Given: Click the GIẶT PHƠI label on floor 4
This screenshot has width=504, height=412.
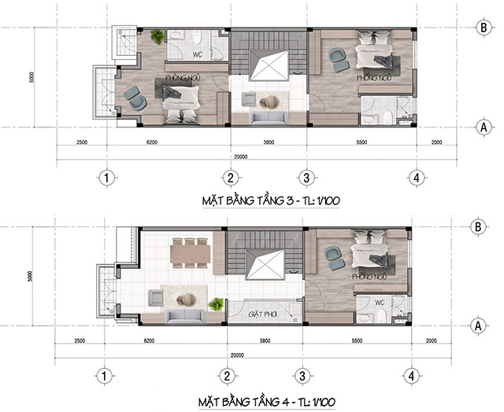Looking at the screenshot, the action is coord(262,315).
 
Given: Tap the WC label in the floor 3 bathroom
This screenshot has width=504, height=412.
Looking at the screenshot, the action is coord(198,54).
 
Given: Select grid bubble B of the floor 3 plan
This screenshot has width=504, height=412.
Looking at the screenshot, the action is coord(484,28).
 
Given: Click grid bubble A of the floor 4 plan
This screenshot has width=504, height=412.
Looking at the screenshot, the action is coord(478,326).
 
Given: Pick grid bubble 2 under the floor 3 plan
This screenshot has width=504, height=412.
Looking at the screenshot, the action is coord(231,178).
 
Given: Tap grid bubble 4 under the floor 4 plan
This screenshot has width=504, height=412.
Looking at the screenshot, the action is coord(411,376).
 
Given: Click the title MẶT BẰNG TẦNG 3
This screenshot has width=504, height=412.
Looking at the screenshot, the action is coord(247,200).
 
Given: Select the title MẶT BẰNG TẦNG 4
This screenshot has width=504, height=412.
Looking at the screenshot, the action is coord(243,402).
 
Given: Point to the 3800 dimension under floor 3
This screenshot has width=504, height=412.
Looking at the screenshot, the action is coord(269,142).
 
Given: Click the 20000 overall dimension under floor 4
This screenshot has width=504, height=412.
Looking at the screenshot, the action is coord(237,355).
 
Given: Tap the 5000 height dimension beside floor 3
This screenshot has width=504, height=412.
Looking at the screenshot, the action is coord(31,77).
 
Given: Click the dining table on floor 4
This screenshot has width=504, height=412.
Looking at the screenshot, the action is coord(191,252).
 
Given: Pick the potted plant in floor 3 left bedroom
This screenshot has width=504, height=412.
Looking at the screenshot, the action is coord(157,36).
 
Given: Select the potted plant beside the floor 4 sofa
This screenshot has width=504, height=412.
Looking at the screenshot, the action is coord(216,303).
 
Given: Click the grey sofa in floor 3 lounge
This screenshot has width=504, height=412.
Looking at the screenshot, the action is coord(269,117).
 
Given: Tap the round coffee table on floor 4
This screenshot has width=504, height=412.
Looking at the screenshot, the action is coord(186,300).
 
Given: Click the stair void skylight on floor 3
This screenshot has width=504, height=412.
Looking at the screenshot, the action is coord(269,65).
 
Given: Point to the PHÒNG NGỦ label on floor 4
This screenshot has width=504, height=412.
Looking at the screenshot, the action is coord(369,277).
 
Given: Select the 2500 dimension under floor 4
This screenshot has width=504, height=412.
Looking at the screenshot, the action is coord(80,340).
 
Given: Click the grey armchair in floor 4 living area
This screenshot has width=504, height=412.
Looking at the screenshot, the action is coord(156,297).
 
